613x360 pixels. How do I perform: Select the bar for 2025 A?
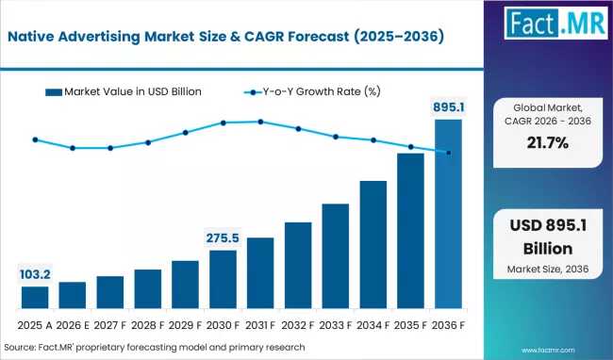click(x=35, y=298)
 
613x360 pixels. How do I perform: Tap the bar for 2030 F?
click(x=223, y=280)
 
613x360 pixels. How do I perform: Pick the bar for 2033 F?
click(x=336, y=256)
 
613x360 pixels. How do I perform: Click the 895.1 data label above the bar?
click(x=448, y=106)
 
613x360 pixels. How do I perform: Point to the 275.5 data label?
click(x=223, y=237)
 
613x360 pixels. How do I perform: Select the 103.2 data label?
click(x=35, y=274)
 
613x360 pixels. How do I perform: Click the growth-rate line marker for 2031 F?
click(x=260, y=122)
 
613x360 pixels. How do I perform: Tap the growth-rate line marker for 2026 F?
click(x=73, y=148)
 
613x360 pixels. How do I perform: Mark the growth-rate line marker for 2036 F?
click(x=448, y=153)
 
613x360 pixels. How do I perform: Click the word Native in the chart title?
click(x=37, y=37)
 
